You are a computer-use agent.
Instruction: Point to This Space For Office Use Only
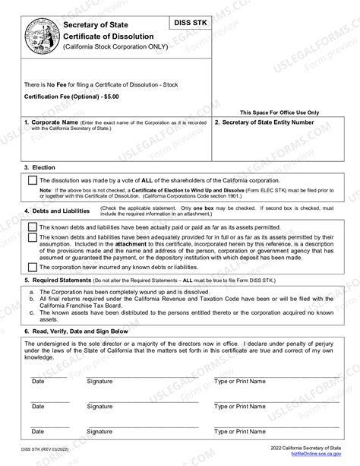click(279, 112)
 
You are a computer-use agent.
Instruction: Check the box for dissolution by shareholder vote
click(32, 180)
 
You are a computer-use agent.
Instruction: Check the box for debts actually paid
click(32, 227)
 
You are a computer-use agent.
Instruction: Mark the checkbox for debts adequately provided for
click(32, 238)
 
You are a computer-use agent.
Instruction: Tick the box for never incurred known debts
click(32, 267)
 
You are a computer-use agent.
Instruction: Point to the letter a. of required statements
click(30, 292)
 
